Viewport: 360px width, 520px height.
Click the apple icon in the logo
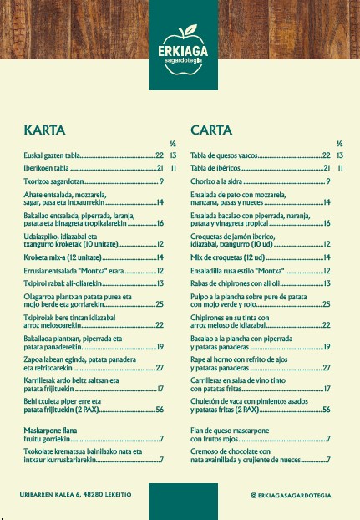pos(180,39)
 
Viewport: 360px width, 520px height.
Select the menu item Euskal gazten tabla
pos(51,155)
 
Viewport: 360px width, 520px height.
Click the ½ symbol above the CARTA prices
pos(340,144)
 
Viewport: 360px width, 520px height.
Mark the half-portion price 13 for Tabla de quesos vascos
pos(340,155)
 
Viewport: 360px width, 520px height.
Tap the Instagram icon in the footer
pos(254,496)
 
